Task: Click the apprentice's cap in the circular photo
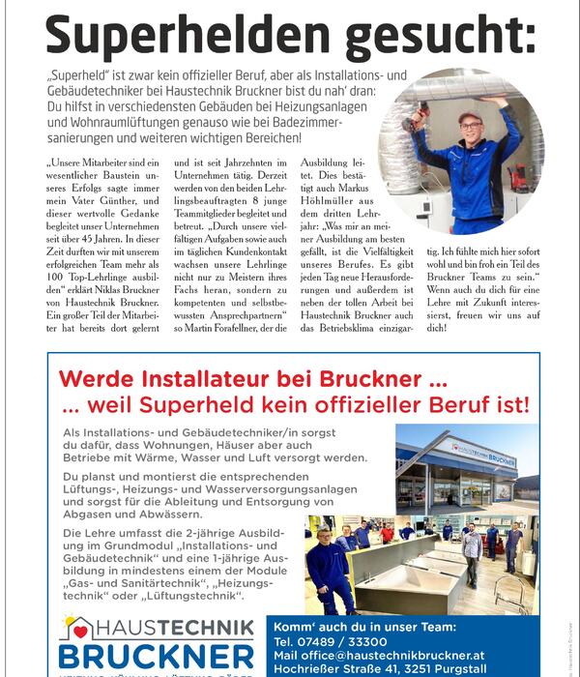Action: (x=470, y=118)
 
